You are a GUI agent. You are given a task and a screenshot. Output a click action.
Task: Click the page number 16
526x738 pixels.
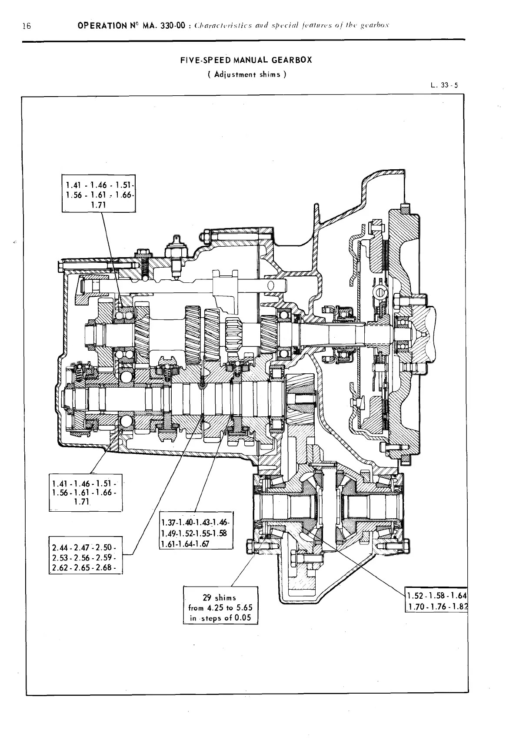point(27,26)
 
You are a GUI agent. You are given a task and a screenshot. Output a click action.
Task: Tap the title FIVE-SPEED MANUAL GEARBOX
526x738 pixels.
point(246,60)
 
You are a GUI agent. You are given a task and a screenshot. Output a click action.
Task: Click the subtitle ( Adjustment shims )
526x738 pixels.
point(246,74)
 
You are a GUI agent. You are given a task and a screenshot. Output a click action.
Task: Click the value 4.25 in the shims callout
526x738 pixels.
point(216,607)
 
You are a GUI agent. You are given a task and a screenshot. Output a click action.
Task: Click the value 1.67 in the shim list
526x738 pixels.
point(201,543)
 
